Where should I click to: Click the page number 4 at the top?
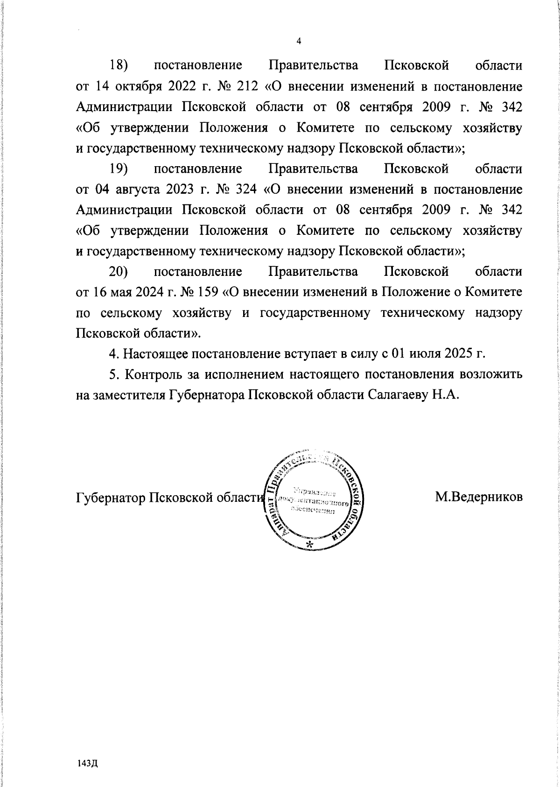tap(299, 41)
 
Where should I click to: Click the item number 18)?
tap(119, 65)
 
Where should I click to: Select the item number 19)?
tap(119, 169)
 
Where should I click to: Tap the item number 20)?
tap(119, 272)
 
